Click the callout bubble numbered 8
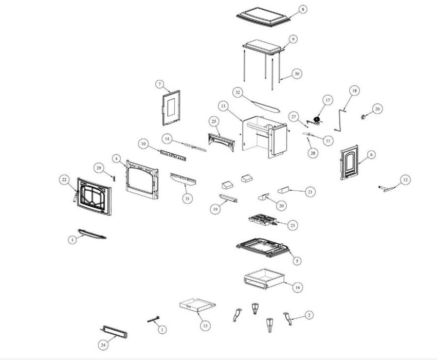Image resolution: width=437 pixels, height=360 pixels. point(302,10)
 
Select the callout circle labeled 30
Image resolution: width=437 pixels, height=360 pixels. point(296,74)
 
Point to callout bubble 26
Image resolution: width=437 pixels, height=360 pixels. point(377,109)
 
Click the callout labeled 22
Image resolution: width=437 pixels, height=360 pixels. point(64,179)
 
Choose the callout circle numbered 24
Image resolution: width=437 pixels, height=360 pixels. point(105,344)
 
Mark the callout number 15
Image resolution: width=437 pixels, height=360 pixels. point(205,326)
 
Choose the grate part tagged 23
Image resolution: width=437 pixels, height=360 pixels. point(265,222)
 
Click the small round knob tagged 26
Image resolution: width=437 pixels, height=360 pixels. point(365,117)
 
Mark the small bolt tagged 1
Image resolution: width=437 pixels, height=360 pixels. point(154,319)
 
